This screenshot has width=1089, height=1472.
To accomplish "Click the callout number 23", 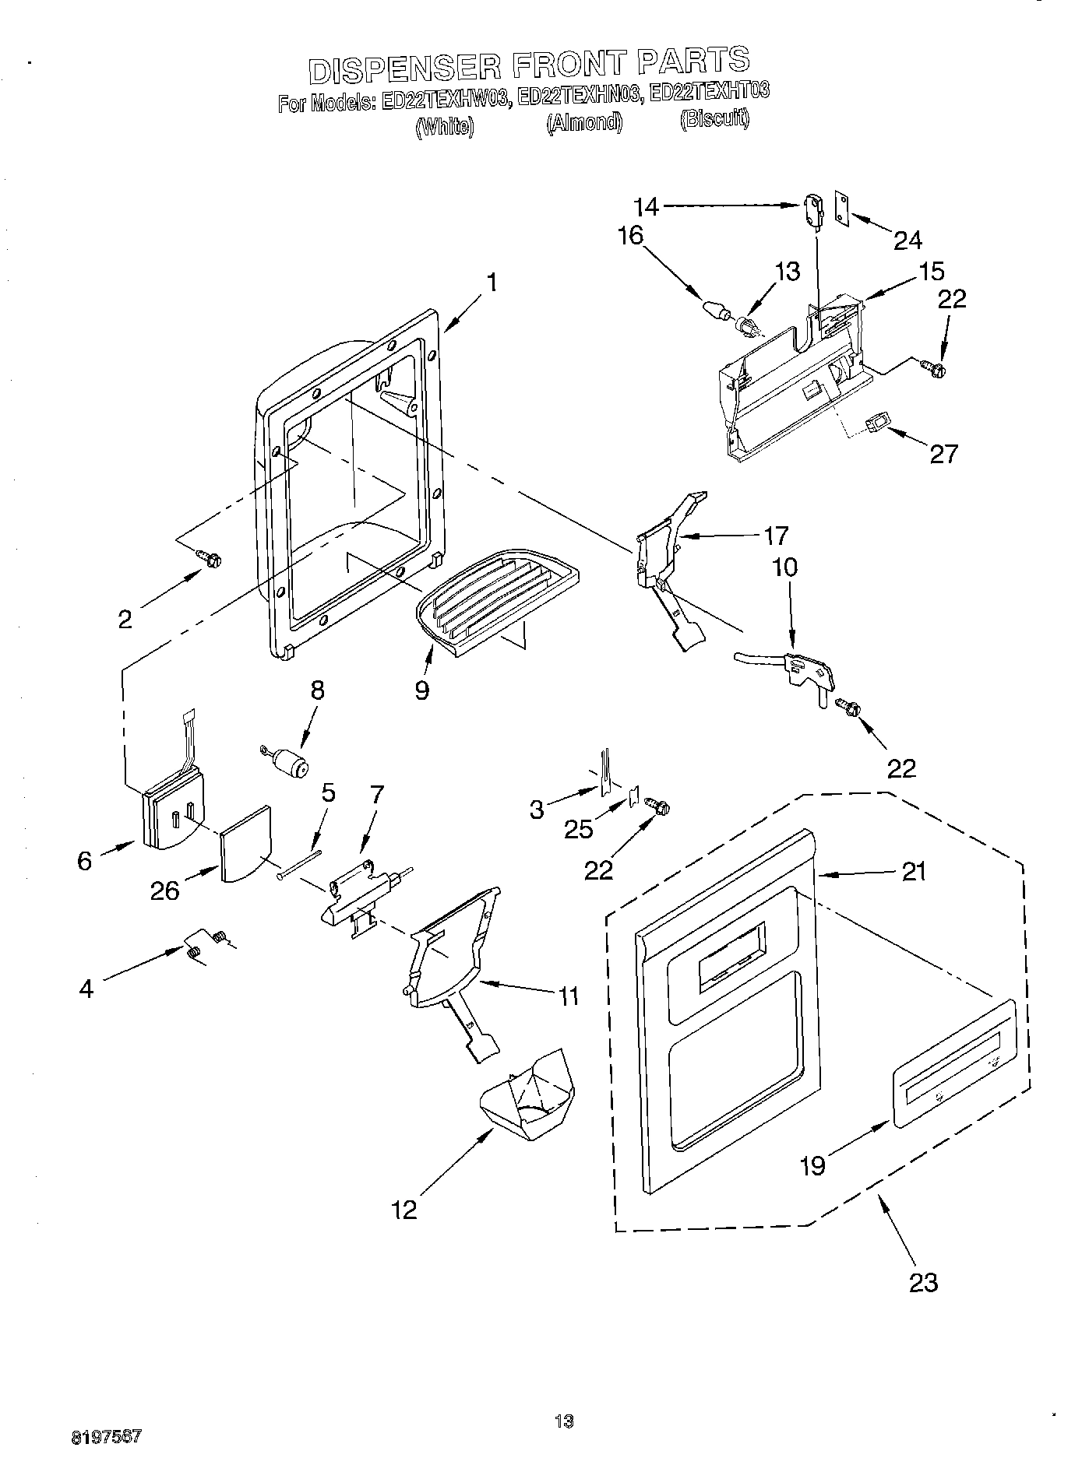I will [x=923, y=1281].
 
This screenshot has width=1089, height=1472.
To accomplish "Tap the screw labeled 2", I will [x=210, y=557].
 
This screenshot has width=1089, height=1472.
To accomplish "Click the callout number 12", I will [x=405, y=1208].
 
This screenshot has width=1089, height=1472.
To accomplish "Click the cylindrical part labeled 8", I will [x=291, y=764].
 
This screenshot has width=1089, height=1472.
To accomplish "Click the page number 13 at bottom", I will [x=564, y=1421].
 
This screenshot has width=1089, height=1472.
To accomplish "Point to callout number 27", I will [x=943, y=453].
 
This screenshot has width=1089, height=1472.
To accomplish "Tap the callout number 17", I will [x=776, y=536].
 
